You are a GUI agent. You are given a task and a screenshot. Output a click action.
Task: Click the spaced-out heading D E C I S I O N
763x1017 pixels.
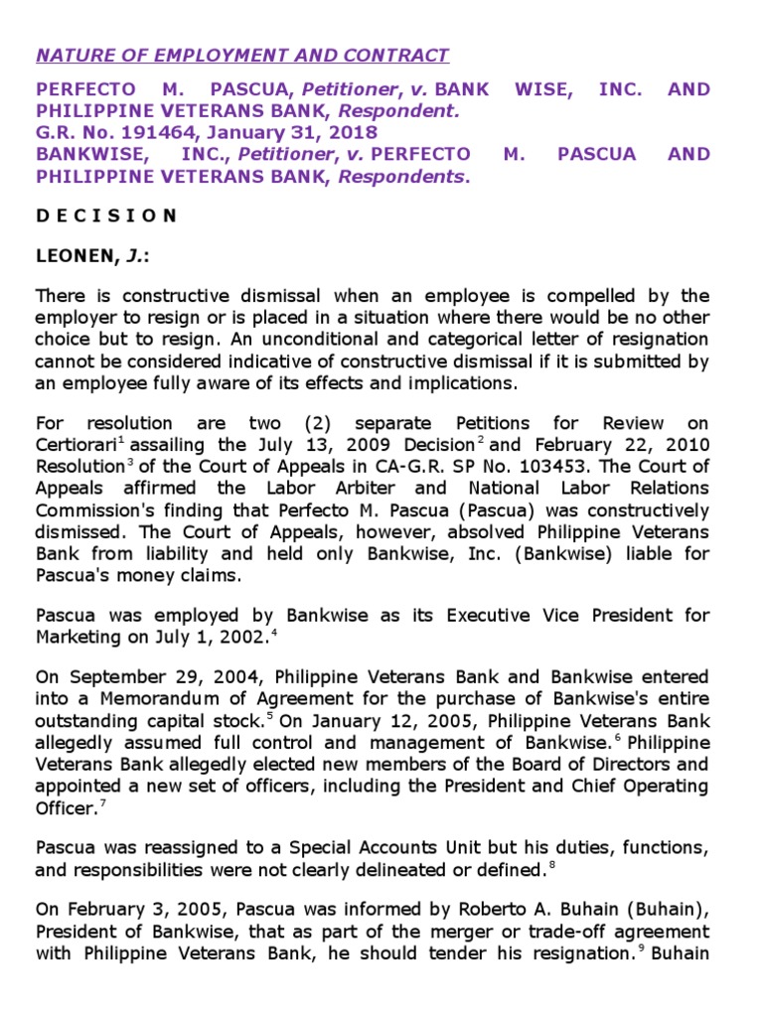tap(106, 216)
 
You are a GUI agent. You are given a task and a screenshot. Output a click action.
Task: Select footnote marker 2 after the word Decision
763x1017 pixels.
tap(480, 439)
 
